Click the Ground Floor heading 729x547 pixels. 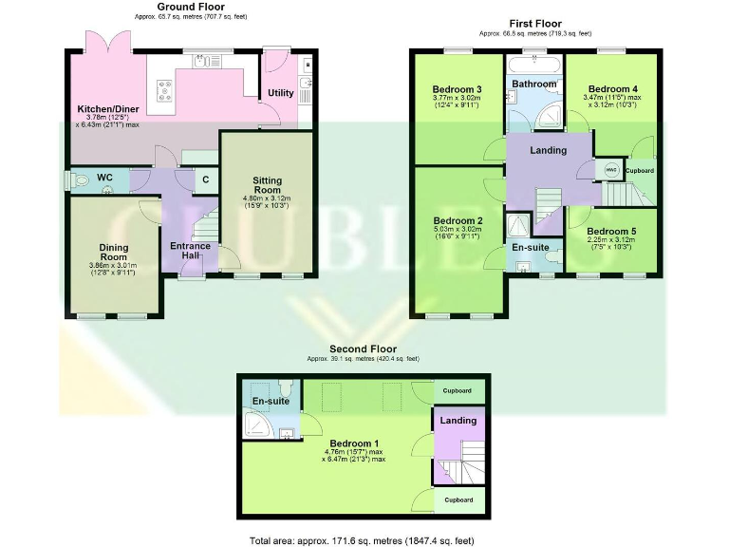tap(191, 7)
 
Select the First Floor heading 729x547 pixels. tap(535, 24)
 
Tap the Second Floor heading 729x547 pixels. tap(363, 349)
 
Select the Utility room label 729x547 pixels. tap(281, 93)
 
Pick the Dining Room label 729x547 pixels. tap(113, 253)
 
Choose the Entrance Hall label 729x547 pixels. tap(190, 252)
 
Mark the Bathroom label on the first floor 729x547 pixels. tap(534, 84)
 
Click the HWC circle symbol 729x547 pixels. tap(611, 169)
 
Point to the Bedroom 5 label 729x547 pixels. tap(610, 231)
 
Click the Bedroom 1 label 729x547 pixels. tap(356, 443)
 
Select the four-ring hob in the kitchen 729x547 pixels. tap(165, 88)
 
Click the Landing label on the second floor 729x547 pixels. tap(459, 420)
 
